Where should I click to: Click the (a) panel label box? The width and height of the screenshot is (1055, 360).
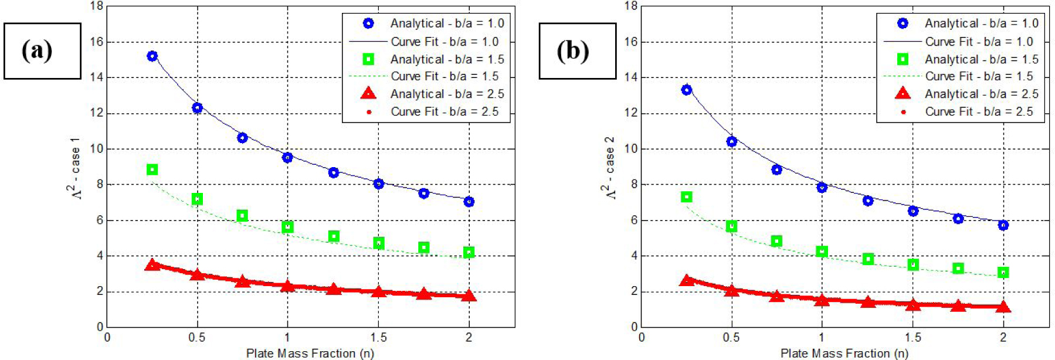pyautogui.click(x=42, y=51)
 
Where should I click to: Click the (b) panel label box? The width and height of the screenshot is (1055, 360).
pyautogui.click(x=577, y=51)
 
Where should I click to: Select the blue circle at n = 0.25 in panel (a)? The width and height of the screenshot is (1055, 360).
pyautogui.click(x=152, y=56)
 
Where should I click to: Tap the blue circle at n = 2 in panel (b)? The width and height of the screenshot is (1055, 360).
pyautogui.click(x=1003, y=225)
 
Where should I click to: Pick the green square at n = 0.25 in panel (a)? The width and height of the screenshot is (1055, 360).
pyautogui.click(x=152, y=169)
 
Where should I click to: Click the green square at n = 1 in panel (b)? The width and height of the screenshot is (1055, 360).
pyautogui.click(x=822, y=252)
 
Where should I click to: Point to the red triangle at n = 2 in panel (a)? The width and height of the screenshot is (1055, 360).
pyautogui.click(x=469, y=296)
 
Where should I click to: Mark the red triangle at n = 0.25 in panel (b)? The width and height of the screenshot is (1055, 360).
pyautogui.click(x=687, y=280)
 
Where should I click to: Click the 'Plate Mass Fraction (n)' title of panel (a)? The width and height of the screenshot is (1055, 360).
pyautogui.click(x=310, y=353)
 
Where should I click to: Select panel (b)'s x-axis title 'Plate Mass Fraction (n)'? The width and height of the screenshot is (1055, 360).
pyautogui.click(x=844, y=353)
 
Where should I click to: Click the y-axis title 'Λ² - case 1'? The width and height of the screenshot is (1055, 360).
pyautogui.click(x=74, y=168)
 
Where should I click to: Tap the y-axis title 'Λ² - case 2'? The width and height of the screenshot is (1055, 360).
pyautogui.click(x=609, y=168)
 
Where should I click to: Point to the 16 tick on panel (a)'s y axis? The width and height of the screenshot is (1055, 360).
pyautogui.click(x=97, y=42)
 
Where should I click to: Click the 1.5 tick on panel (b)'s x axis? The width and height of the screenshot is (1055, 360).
pyautogui.click(x=912, y=338)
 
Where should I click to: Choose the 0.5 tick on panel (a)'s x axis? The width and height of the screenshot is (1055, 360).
pyautogui.click(x=197, y=338)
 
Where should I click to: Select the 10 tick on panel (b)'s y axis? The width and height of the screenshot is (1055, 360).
pyautogui.click(x=631, y=148)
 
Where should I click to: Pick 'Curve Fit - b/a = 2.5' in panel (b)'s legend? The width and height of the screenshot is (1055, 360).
pyautogui.click(x=979, y=111)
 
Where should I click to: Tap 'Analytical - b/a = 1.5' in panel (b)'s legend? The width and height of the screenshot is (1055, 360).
pyautogui.click(x=981, y=59)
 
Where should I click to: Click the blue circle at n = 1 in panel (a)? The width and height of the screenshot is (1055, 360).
pyautogui.click(x=287, y=157)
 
